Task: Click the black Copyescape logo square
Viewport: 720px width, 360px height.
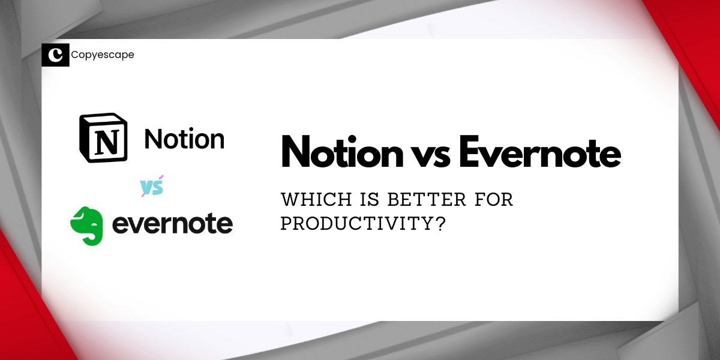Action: (55, 55)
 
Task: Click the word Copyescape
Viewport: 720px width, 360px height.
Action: (102, 55)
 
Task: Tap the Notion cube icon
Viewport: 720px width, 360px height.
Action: (104, 137)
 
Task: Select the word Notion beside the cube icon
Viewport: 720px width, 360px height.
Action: (184, 139)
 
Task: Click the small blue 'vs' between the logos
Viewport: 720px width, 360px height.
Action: (152, 187)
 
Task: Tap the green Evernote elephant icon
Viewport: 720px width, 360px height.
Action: (87, 224)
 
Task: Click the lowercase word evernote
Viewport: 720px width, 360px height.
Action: (172, 224)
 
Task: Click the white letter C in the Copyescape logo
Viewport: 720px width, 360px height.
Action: (55, 55)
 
